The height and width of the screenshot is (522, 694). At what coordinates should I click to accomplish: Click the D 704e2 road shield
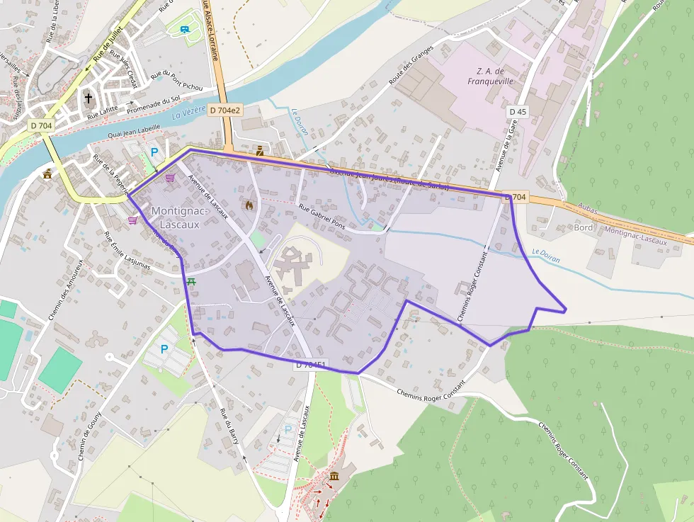[225, 110]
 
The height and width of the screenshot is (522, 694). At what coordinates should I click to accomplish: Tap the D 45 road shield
[518, 112]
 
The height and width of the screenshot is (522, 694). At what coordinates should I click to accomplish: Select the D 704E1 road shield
[311, 365]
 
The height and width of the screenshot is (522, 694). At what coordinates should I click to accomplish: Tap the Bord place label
[584, 227]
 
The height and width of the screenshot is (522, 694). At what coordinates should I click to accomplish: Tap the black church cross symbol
[89, 98]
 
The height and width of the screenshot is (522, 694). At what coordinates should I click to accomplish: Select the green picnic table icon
[191, 281]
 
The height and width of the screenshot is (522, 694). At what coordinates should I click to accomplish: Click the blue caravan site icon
[185, 29]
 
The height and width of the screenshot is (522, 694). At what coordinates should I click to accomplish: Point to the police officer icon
[260, 150]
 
